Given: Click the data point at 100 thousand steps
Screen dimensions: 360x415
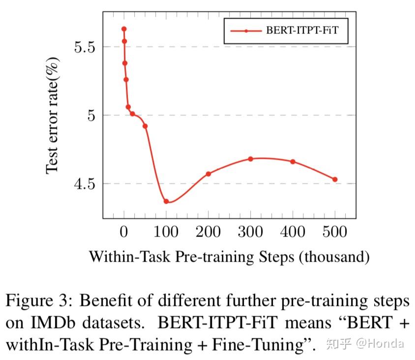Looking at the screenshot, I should point(166,201).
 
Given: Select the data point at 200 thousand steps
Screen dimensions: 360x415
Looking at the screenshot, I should point(208,174).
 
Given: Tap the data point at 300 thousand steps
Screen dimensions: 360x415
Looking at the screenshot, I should point(250,159).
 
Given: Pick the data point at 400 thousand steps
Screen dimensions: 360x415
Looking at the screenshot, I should point(293,161).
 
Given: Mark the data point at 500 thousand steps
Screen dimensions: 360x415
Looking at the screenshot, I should point(335,180).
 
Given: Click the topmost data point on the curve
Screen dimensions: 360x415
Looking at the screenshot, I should point(124,29).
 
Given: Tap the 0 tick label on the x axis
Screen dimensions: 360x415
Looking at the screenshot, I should point(124,232).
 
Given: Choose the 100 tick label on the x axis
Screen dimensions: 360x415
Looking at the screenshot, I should point(166,232).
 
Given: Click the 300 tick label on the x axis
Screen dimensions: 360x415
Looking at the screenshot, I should point(250,232).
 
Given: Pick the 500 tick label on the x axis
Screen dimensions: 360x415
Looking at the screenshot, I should point(335,232).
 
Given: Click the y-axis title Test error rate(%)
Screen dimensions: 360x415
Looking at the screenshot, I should point(53,115).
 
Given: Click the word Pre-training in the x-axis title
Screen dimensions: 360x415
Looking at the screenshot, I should point(230,257).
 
